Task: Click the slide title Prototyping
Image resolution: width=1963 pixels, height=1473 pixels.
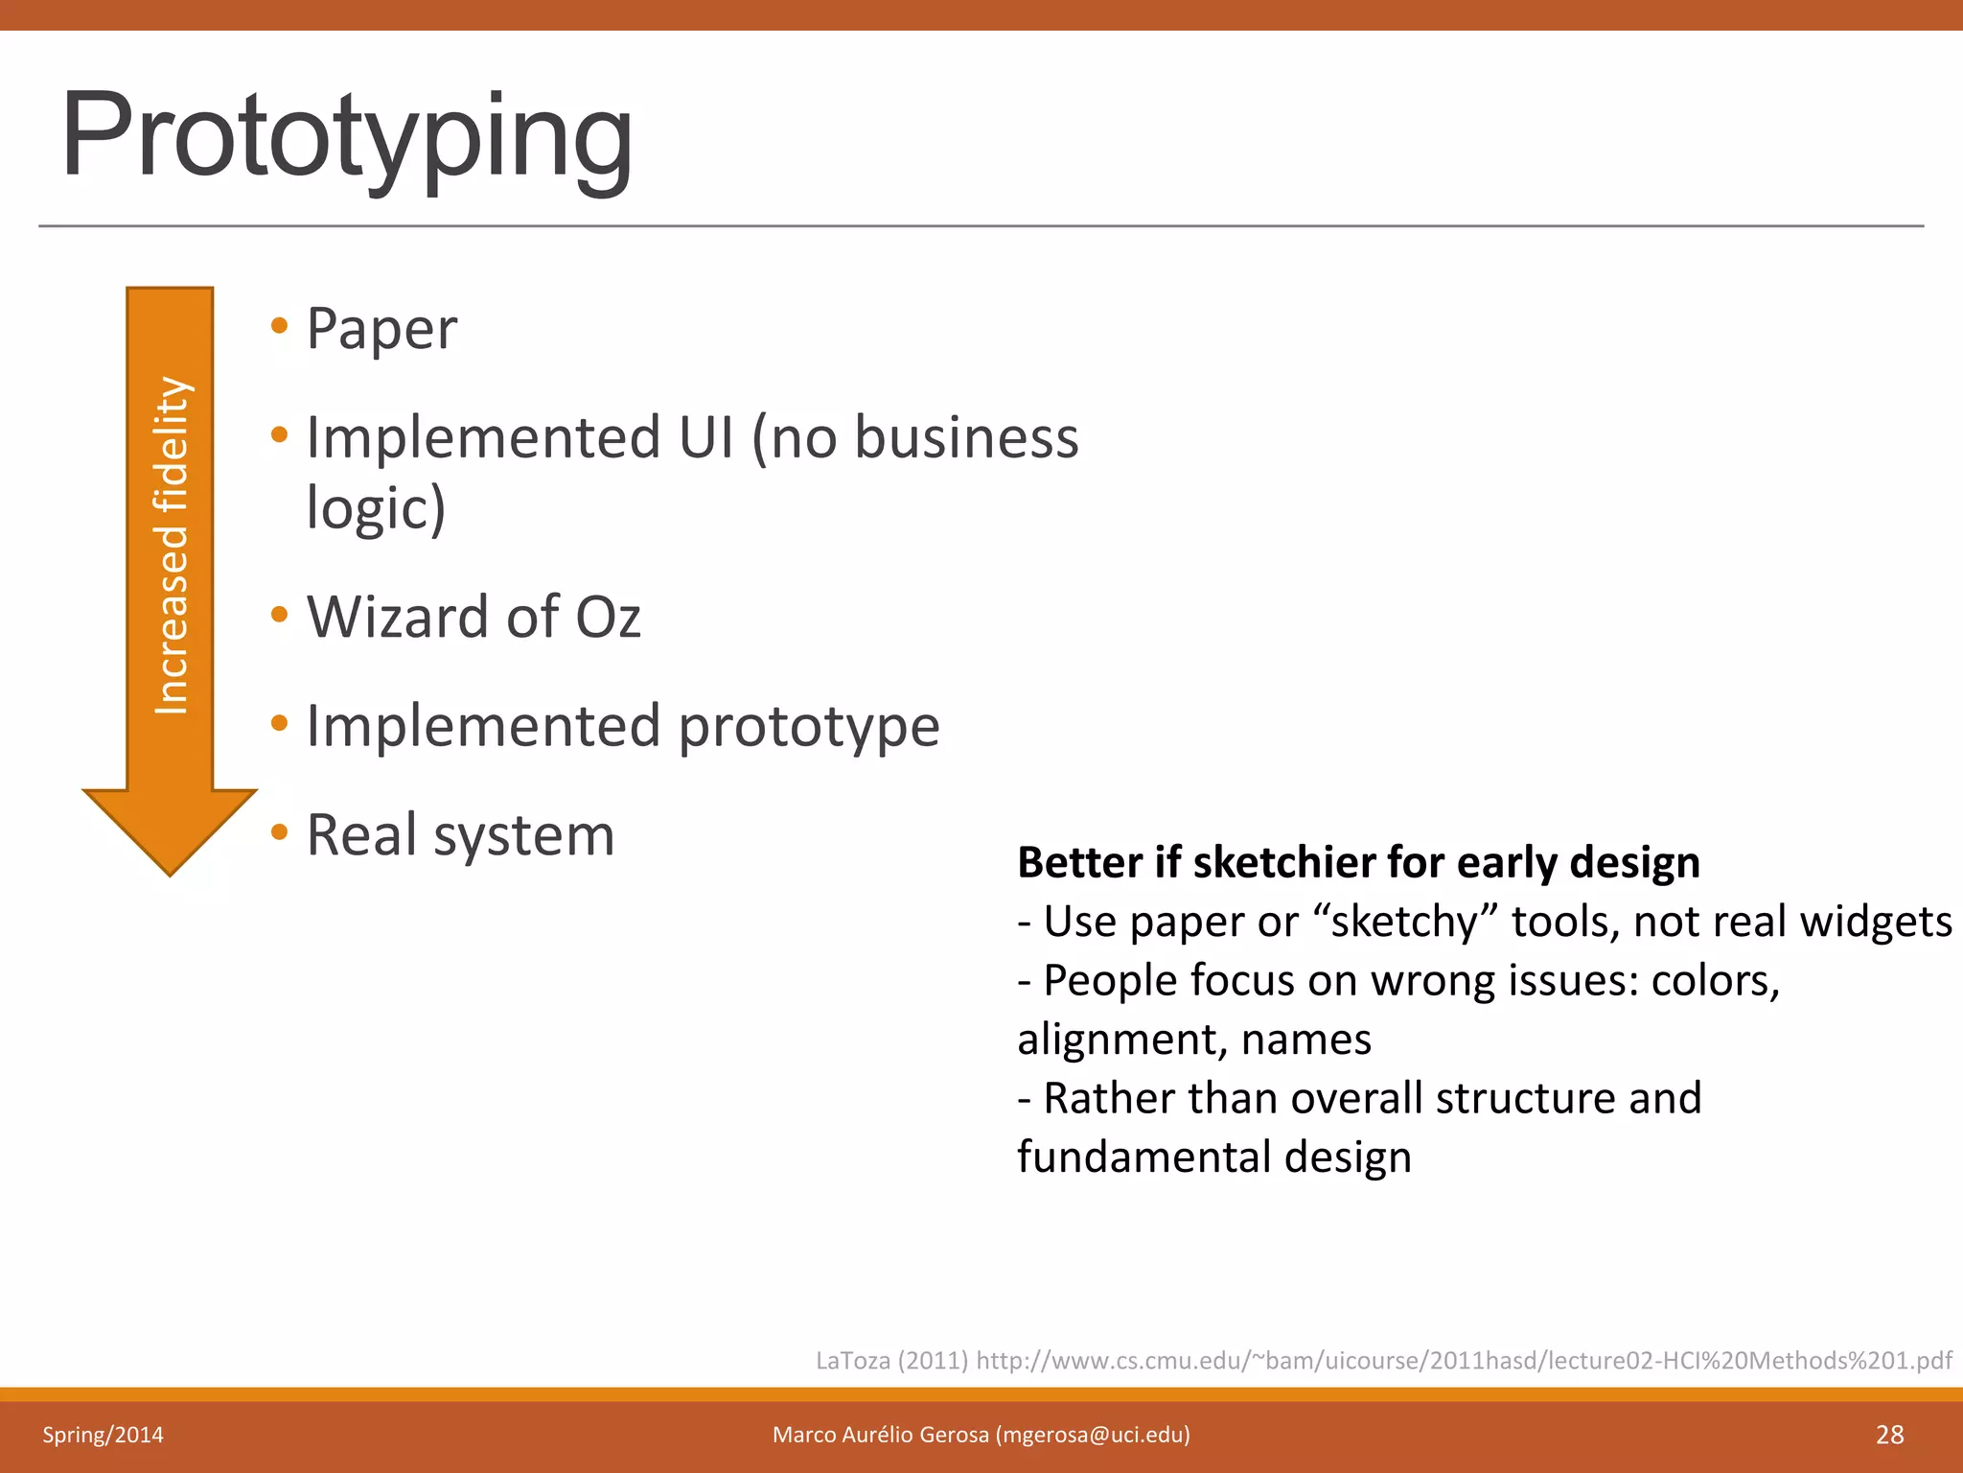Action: tap(347, 136)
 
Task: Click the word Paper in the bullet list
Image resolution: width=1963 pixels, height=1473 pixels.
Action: tap(381, 329)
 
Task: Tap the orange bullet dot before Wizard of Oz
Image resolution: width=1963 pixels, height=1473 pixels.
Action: tap(279, 614)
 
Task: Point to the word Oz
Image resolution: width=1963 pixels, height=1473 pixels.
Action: tap(608, 617)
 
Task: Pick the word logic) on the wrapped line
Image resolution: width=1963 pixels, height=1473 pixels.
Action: tap(376, 508)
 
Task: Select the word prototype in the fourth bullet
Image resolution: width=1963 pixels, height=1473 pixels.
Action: tap(809, 727)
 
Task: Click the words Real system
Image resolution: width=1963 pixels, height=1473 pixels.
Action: tap(460, 835)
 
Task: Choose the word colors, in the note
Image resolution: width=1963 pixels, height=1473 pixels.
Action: tap(1715, 981)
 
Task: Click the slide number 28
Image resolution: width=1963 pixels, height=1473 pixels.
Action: tap(1889, 1435)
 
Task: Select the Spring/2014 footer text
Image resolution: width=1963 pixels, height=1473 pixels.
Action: tap(103, 1435)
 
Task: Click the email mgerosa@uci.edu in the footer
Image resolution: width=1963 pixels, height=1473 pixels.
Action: tap(1093, 1435)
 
